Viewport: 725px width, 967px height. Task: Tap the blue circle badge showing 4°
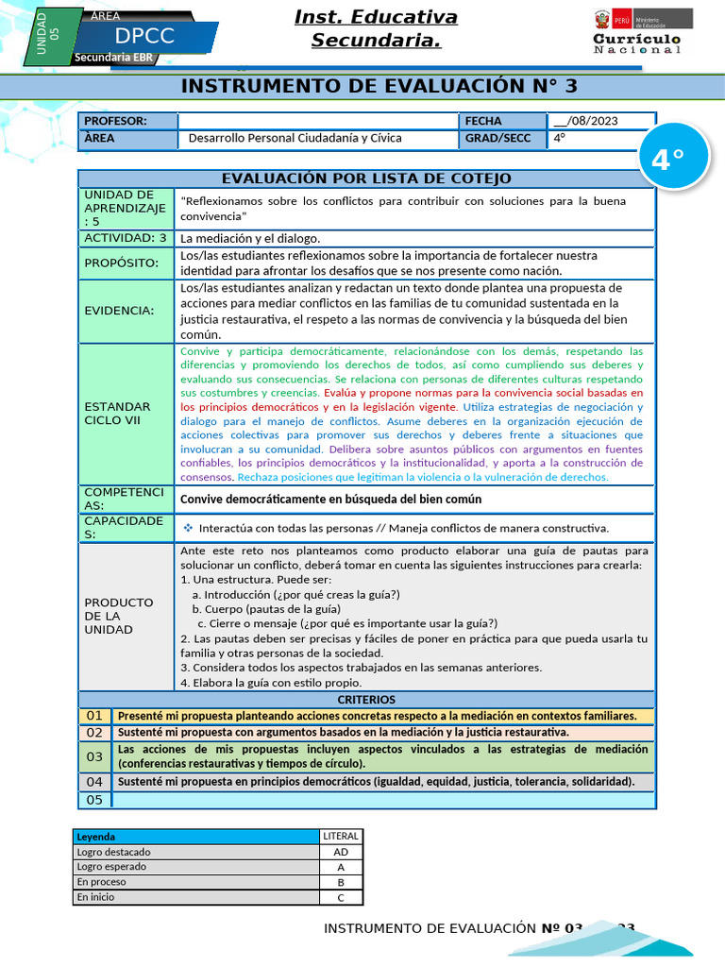pyautogui.click(x=667, y=160)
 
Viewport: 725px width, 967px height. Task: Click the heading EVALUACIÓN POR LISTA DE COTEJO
pyautogui.click(x=366, y=178)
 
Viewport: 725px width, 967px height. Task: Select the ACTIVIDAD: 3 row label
pyautogui.click(x=126, y=238)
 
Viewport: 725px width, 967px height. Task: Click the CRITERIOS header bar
pyautogui.click(x=366, y=700)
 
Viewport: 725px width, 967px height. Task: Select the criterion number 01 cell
pyautogui.click(x=94, y=716)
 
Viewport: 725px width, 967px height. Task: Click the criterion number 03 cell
pyautogui.click(x=94, y=756)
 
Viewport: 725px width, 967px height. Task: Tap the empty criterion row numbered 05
pyautogui.click(x=382, y=800)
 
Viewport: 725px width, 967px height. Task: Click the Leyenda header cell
pyautogui.click(x=196, y=837)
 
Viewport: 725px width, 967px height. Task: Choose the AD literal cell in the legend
pyautogui.click(x=341, y=852)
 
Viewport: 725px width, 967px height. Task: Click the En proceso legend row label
pyautogui.click(x=196, y=882)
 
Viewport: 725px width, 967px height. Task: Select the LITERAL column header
pyautogui.click(x=341, y=837)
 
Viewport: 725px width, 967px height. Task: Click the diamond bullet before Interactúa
pyautogui.click(x=188, y=528)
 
